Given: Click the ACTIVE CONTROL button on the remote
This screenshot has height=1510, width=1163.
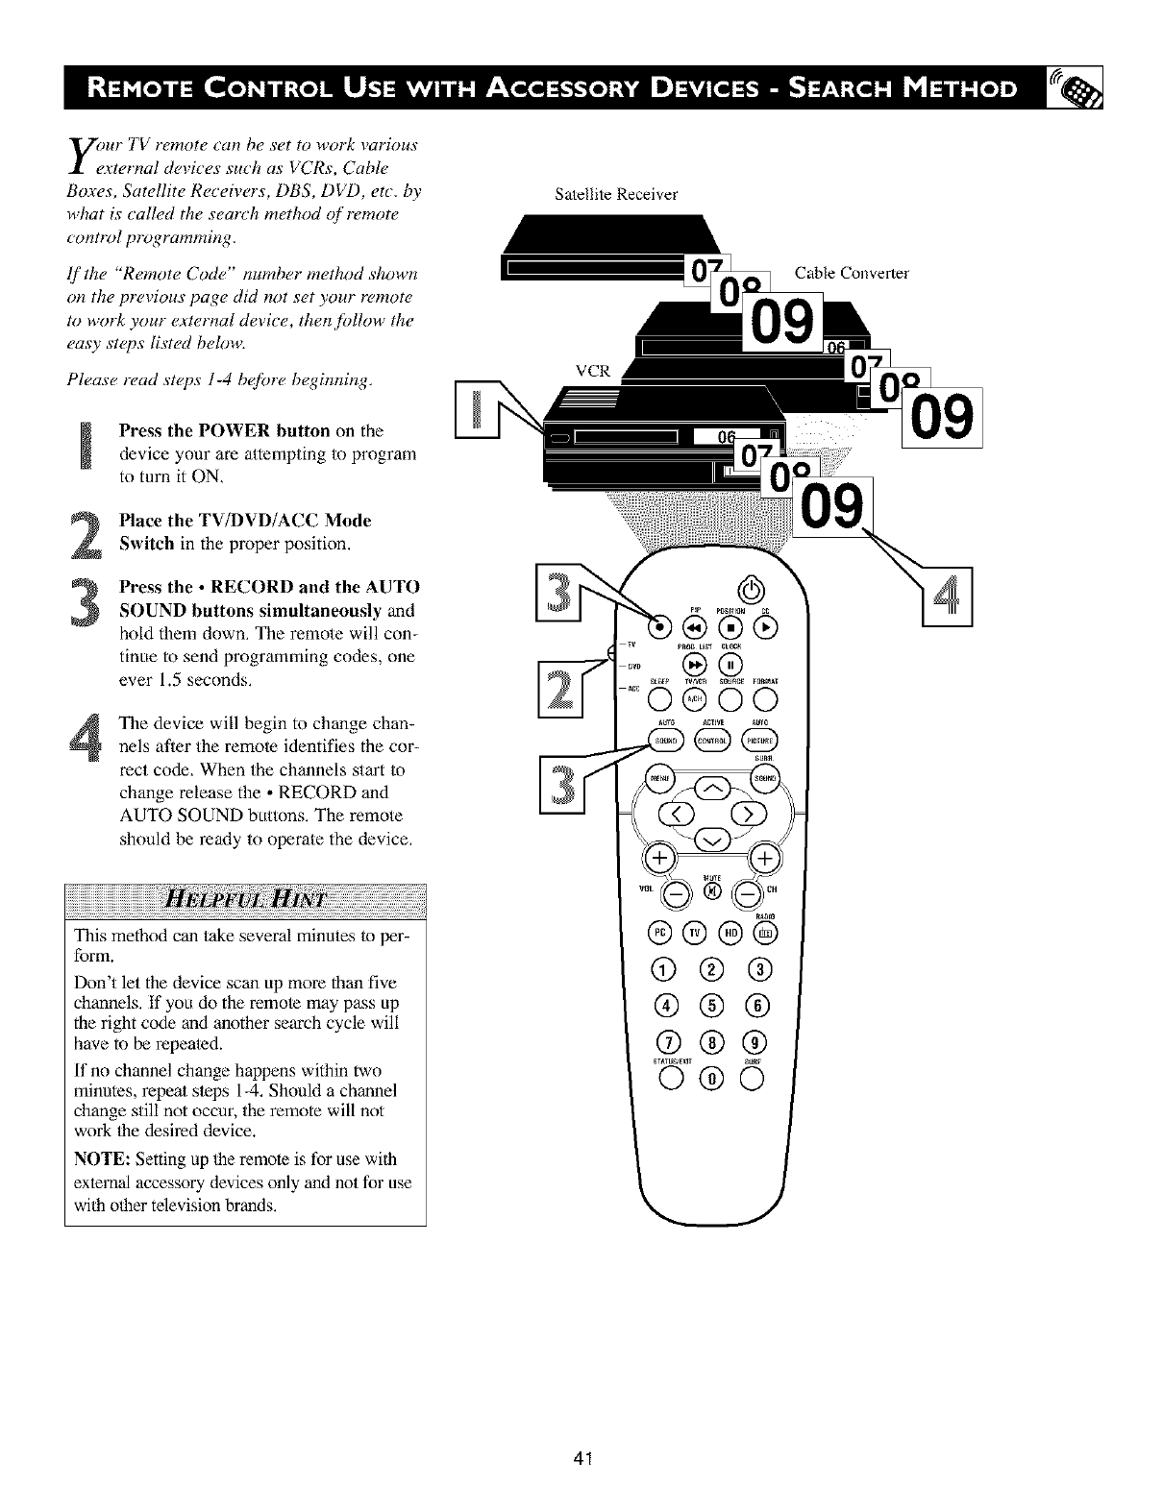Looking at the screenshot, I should [712, 741].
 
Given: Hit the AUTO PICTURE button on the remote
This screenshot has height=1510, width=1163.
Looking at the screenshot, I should [766, 741].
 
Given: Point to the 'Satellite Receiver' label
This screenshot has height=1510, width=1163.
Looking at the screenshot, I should [616, 194].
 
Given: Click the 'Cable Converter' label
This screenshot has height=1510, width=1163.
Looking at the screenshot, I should [851, 273].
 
